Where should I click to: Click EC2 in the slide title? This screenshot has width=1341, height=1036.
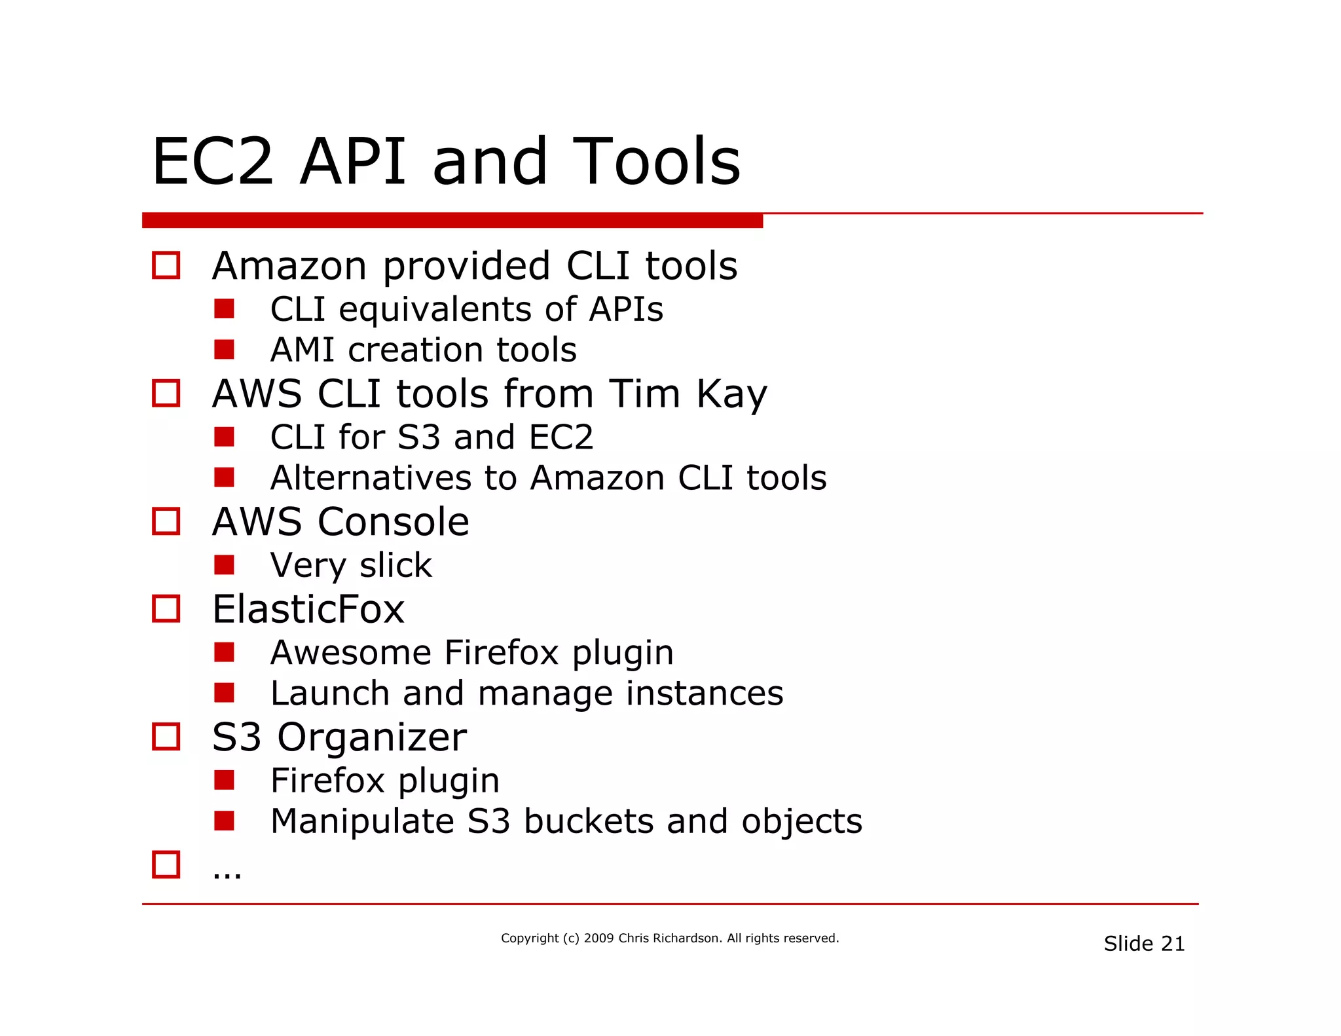click(212, 162)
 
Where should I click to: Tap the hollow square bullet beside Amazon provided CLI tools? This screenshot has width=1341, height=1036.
click(166, 266)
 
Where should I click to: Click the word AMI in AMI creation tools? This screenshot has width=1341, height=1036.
click(302, 350)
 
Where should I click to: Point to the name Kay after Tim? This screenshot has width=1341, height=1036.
click(731, 394)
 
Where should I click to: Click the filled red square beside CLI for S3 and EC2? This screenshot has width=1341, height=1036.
click(224, 437)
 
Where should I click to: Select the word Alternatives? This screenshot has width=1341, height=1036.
click(370, 478)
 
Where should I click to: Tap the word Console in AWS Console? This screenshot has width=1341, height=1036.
click(393, 522)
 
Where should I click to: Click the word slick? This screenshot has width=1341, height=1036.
click(395, 565)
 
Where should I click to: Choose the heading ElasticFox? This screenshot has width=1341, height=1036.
click(308, 610)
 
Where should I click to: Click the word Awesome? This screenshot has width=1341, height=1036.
click(350, 653)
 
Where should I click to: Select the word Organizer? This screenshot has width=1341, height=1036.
click(371, 738)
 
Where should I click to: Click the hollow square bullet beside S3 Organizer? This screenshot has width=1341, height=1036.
click(166, 737)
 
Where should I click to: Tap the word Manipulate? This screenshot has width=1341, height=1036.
click(361, 822)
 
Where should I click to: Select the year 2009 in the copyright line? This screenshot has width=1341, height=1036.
click(598, 938)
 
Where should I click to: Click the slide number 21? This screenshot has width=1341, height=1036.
click(1173, 944)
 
